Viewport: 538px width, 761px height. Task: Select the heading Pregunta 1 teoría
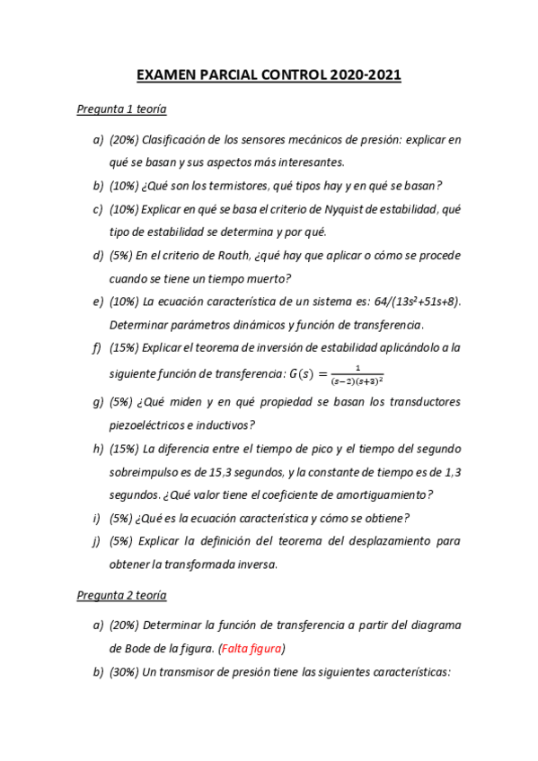point(121,109)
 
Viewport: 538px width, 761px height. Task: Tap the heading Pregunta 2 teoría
point(121,595)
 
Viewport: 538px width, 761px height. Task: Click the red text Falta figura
point(259,648)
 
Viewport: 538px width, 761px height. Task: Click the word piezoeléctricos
point(150,424)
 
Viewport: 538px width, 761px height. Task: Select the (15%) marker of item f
point(124,347)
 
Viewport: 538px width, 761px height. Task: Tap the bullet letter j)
point(97,541)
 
